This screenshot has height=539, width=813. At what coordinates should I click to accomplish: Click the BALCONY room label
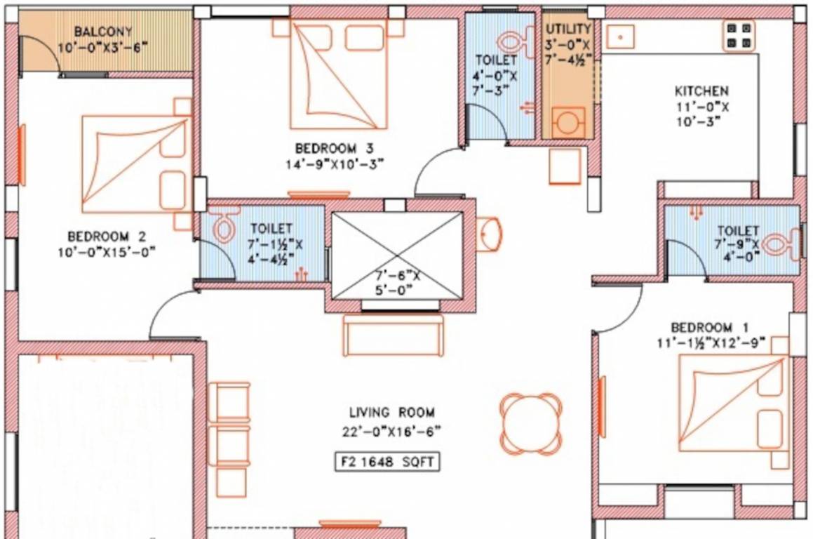pyautogui.click(x=103, y=32)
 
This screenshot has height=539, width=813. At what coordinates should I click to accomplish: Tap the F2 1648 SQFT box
pyautogui.click(x=387, y=463)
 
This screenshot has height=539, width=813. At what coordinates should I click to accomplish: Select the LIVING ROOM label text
pyautogui.click(x=391, y=413)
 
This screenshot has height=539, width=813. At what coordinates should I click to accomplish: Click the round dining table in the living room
pyautogui.click(x=531, y=422)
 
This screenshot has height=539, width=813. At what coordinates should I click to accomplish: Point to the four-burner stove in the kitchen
pyautogui.click(x=739, y=35)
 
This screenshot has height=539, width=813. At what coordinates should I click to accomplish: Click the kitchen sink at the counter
pyautogui.click(x=620, y=34)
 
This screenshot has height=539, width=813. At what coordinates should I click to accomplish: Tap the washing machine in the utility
pyautogui.click(x=567, y=123)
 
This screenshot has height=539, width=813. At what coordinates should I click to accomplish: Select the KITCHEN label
pyautogui.click(x=701, y=91)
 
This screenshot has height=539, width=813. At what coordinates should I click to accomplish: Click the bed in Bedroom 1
pyautogui.click(x=732, y=404)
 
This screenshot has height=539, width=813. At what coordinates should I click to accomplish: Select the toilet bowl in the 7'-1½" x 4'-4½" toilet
pyautogui.click(x=224, y=225)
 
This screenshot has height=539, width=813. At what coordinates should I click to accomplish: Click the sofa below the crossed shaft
pyautogui.click(x=393, y=335)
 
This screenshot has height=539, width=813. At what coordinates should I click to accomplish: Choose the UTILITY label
pyautogui.click(x=568, y=29)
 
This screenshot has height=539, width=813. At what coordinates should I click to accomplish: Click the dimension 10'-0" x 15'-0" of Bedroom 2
pyautogui.click(x=106, y=251)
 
